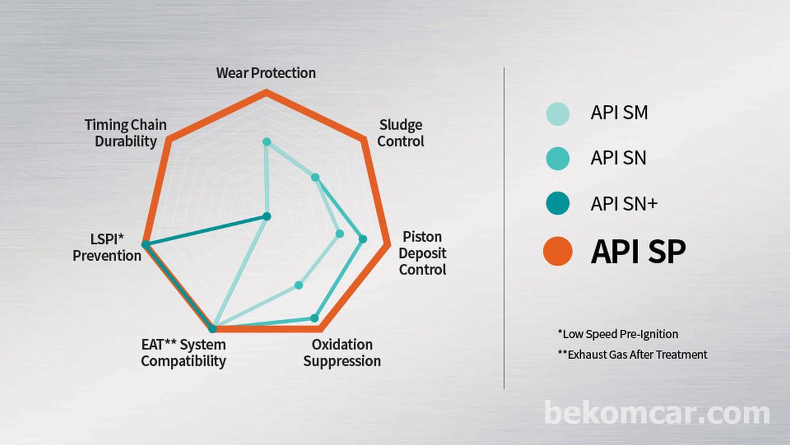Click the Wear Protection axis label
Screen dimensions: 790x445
click(266, 73)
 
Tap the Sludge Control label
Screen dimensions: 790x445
click(401, 133)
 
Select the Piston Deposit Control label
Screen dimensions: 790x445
click(423, 253)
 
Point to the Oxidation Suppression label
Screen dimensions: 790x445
click(342, 353)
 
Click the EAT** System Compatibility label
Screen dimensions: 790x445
click(183, 353)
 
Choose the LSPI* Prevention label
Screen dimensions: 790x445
click(107, 248)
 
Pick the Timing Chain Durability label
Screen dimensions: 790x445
click(125, 133)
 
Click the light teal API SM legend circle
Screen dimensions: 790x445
click(557, 113)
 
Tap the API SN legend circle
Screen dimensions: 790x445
click(557, 158)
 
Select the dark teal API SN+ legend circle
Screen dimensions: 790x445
click(557, 203)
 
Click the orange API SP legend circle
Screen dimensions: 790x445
click(557, 251)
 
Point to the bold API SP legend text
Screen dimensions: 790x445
click(638, 251)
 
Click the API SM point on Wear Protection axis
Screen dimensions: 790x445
click(267, 142)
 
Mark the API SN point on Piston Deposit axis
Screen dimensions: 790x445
click(362, 239)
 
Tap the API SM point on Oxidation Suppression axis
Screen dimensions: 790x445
click(299, 285)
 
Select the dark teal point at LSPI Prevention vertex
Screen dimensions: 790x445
click(145, 244)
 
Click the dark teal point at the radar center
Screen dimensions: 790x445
click(267, 216)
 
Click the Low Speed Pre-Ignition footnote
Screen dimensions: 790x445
click(618, 334)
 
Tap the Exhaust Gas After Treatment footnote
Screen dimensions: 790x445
click(633, 354)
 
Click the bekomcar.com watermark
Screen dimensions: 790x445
click(657, 412)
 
